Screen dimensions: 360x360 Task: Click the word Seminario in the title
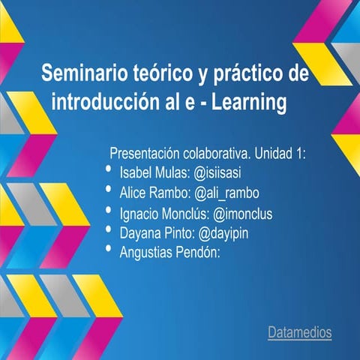tap(84, 74)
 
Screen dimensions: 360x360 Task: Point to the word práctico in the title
tap(244, 74)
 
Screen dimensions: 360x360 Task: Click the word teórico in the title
tap(161, 74)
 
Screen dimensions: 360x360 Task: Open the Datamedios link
tap(299, 331)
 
